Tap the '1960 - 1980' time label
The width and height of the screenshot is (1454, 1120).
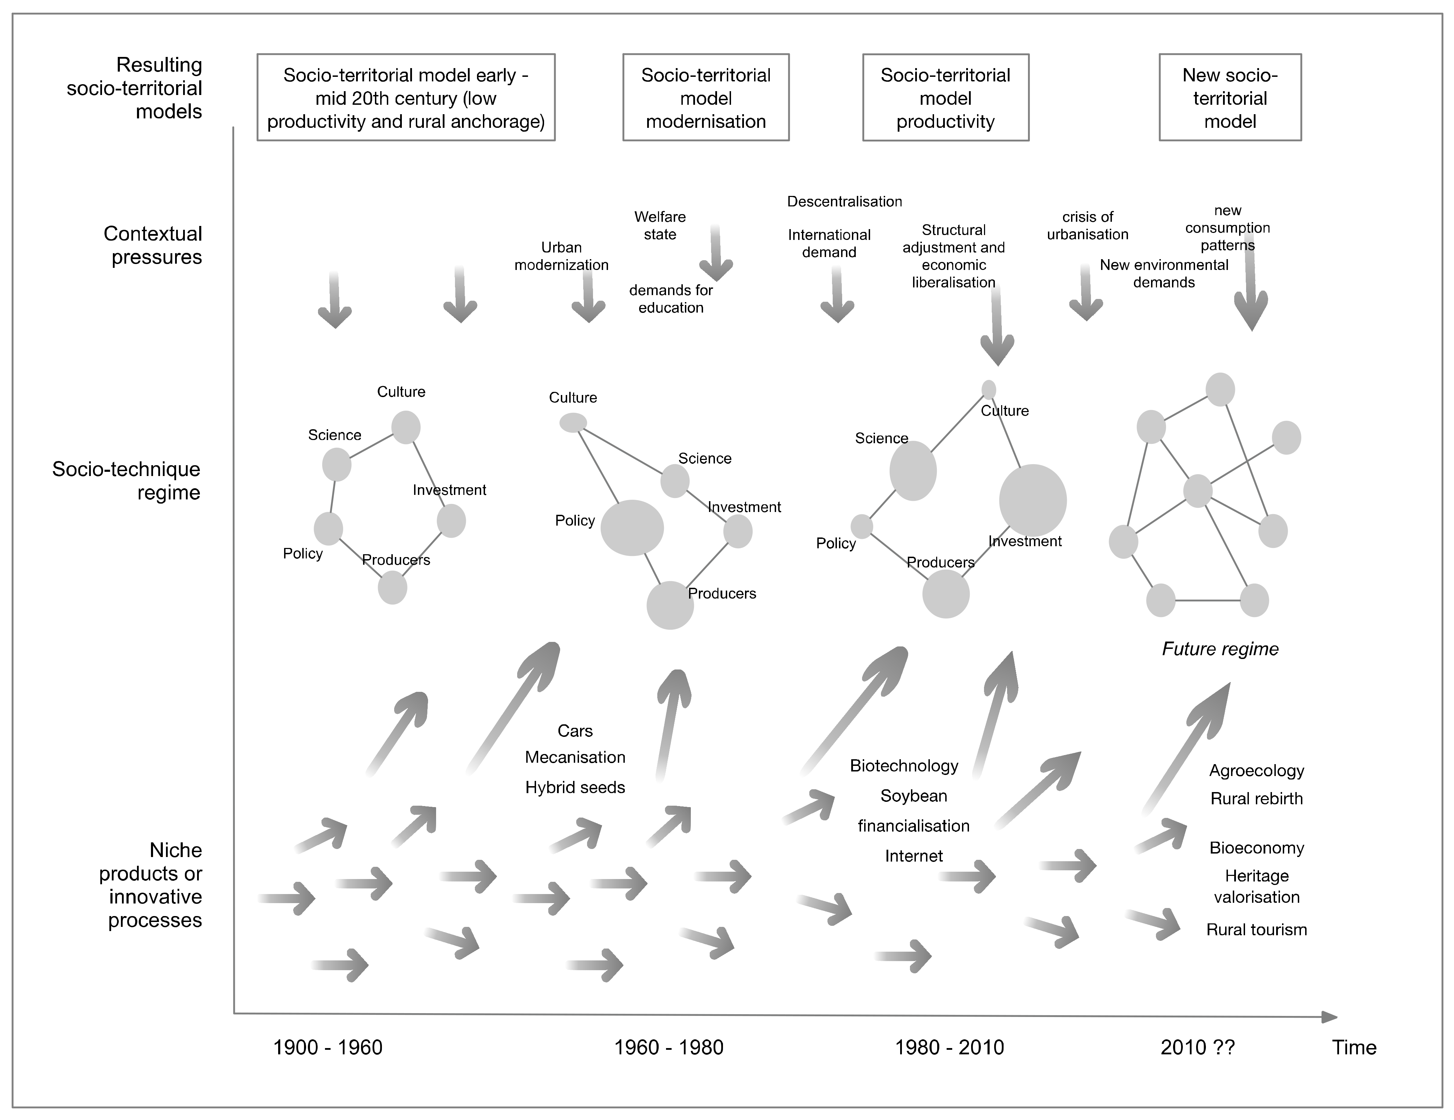pyautogui.click(x=668, y=1047)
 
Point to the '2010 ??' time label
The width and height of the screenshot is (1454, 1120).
pyautogui.click(x=1197, y=1047)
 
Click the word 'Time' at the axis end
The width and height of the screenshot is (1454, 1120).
pyautogui.click(x=1353, y=1047)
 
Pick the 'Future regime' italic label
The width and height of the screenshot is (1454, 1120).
pyautogui.click(x=1220, y=649)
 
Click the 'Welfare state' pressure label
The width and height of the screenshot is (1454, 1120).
pyautogui.click(x=660, y=226)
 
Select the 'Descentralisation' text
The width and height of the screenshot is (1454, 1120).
pyautogui.click(x=844, y=202)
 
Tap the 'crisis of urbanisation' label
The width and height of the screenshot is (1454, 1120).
pyautogui.click(x=1087, y=226)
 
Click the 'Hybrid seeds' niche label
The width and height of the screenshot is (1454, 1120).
pyautogui.click(x=575, y=787)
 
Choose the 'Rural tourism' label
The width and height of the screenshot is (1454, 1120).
pyautogui.click(x=1256, y=930)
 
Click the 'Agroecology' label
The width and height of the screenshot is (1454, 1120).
pyautogui.click(x=1256, y=771)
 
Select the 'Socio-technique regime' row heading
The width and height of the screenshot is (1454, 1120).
pyautogui.click(x=126, y=481)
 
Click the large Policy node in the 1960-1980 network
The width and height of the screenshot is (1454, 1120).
pyautogui.click(x=632, y=528)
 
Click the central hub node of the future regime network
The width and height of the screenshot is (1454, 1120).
pyautogui.click(x=1198, y=491)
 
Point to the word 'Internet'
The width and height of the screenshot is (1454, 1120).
pyautogui.click(x=913, y=856)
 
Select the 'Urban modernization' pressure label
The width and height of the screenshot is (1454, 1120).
pyautogui.click(x=561, y=256)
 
